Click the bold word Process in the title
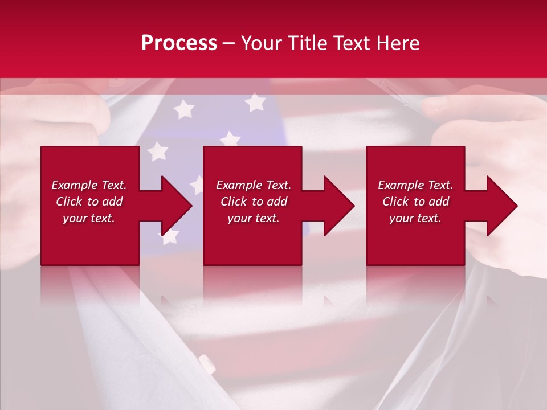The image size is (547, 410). [x=179, y=43]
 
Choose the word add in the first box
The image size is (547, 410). [x=112, y=202]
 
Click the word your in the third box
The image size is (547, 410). [x=401, y=218]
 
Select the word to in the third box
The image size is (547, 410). [x=419, y=202]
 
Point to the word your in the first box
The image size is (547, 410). [x=75, y=218]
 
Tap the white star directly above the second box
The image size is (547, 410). [x=230, y=138]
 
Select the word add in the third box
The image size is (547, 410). [x=439, y=202]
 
